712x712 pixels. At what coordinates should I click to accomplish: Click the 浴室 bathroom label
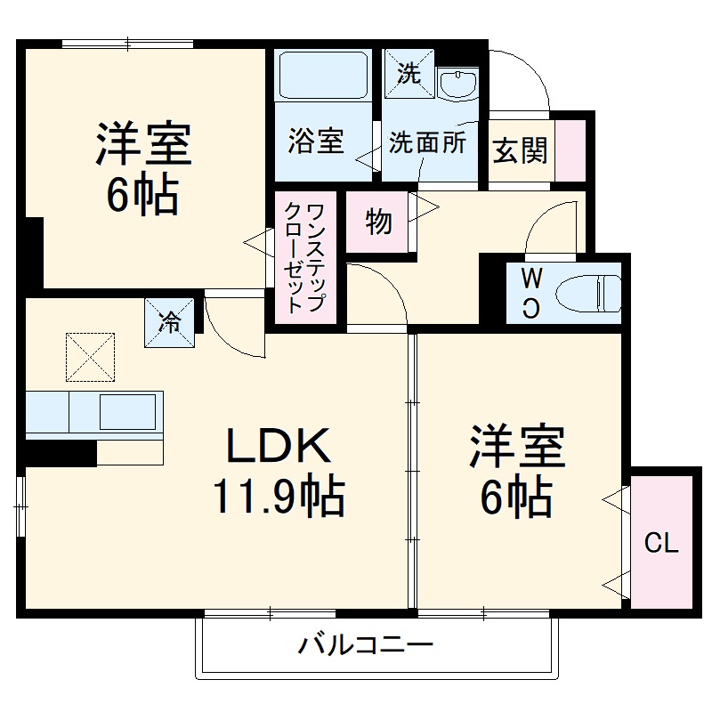pyautogui.click(x=315, y=142)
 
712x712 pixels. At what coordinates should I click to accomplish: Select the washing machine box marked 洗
pyautogui.click(x=408, y=72)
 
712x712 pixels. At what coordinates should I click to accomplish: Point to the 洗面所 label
pyautogui.click(x=427, y=142)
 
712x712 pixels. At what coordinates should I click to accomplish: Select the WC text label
pyautogui.click(x=530, y=292)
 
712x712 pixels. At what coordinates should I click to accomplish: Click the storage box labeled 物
pyautogui.click(x=379, y=222)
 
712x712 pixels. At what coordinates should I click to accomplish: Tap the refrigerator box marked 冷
pyautogui.click(x=169, y=321)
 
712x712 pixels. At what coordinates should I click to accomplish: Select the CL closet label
pyautogui.click(x=661, y=543)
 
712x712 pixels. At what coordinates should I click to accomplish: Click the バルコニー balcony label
pyautogui.click(x=366, y=643)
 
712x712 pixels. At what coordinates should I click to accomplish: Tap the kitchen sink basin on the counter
pyautogui.click(x=129, y=412)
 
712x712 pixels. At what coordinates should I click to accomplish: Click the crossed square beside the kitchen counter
pyautogui.click(x=90, y=355)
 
